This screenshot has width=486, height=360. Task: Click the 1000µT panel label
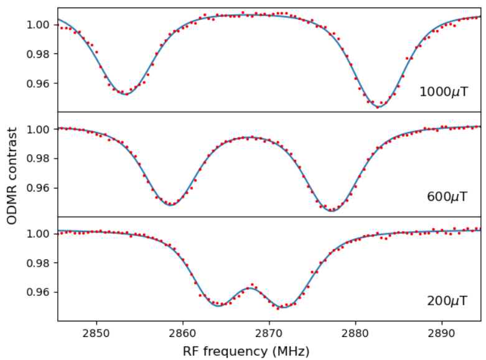click(444, 92)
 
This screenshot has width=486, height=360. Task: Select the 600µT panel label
click(447, 197)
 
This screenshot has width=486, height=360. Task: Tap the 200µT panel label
click(447, 301)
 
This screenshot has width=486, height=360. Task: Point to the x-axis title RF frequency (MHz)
click(246, 351)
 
